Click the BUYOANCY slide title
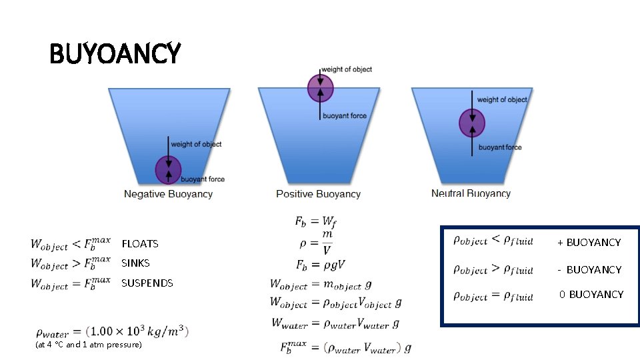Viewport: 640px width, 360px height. coord(115,53)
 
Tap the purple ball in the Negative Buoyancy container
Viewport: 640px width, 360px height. coord(169,170)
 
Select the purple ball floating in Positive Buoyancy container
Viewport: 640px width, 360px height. coord(320,88)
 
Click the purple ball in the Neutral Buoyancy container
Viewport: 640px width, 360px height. coord(472,123)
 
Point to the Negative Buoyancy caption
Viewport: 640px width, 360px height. coord(168,194)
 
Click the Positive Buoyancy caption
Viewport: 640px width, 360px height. coord(318,194)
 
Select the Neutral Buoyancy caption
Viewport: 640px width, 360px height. coord(471,193)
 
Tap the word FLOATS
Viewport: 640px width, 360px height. coord(140,244)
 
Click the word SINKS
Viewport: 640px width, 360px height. coord(135,263)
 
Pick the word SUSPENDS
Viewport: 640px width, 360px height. coord(147,283)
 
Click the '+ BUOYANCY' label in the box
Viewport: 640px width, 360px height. coord(589,243)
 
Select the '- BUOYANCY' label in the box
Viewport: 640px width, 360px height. coord(589,269)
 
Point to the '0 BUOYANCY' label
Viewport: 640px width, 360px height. coord(591,294)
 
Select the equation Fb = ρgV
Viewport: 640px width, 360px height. coord(320,265)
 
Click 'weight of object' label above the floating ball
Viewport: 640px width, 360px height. coord(346,69)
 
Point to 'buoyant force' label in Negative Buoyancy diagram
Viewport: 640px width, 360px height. coord(203,179)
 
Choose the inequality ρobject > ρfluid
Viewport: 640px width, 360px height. coord(493,269)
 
